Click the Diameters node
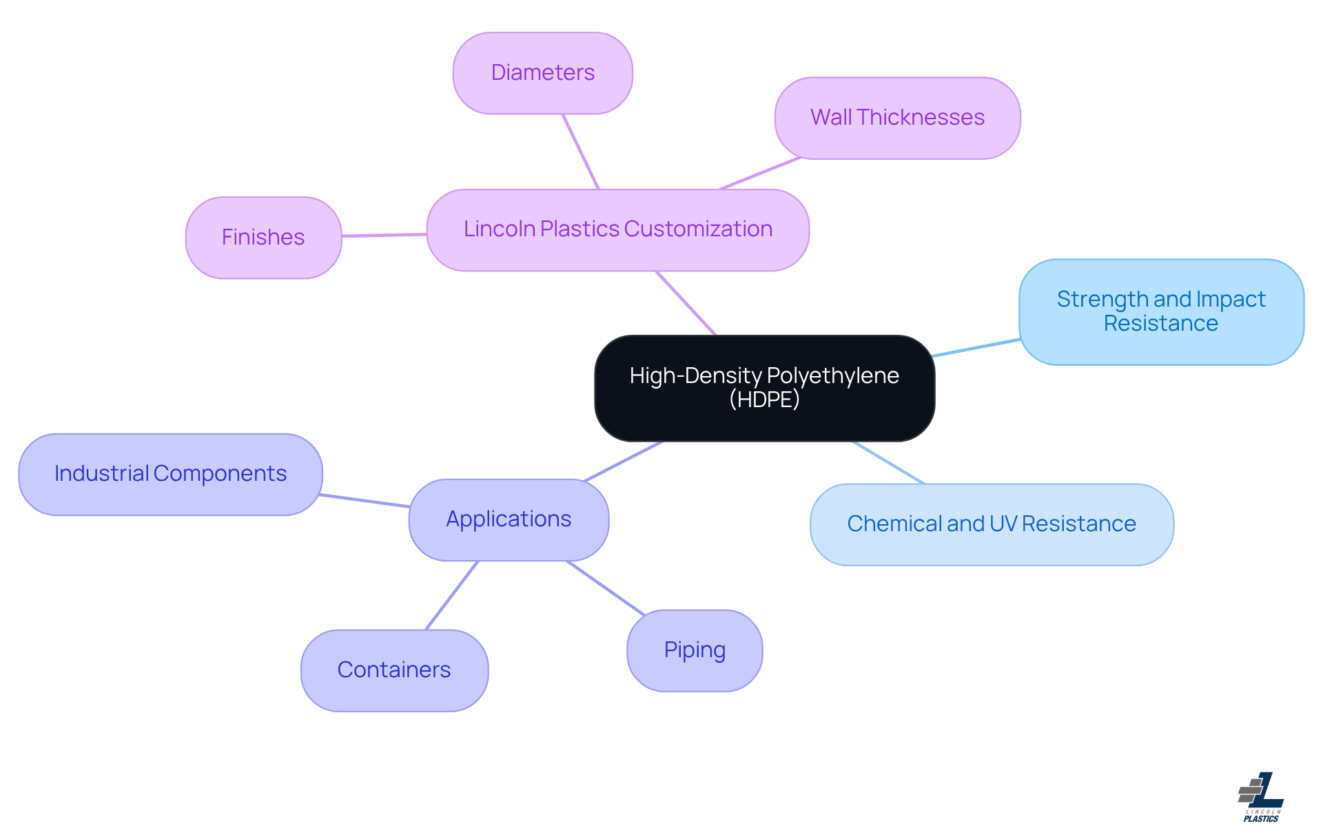coord(542,73)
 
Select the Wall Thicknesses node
coord(896,118)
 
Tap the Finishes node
coord(263,238)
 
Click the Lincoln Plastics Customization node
coord(617,229)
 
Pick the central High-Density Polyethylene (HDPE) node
coord(763,388)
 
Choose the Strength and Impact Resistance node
coord(1160,311)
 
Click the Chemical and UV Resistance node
coord(991,524)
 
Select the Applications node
coord(509,519)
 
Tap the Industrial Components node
coord(170,474)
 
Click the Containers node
coord(394,670)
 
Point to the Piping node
coord(694,650)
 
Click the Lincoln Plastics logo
coord(1260,796)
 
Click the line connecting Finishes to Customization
coord(384,235)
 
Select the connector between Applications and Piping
coord(605,588)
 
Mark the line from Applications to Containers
coord(451,595)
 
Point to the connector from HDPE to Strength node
coord(976,348)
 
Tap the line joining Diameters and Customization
coord(580,151)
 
